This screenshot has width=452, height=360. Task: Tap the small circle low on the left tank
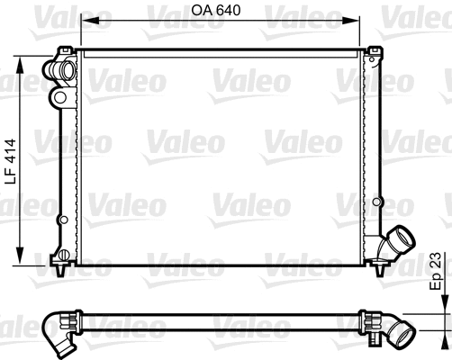[x=62, y=219]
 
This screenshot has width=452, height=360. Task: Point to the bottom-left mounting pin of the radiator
[x=61, y=268]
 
